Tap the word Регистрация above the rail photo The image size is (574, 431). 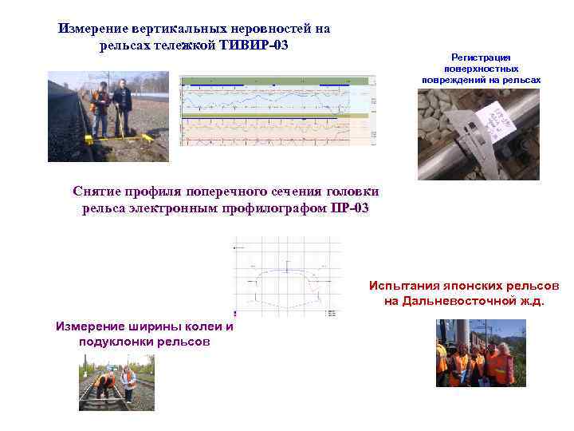coord(481,57)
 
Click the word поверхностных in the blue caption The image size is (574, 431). coord(481,69)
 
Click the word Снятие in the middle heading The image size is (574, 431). coord(96,192)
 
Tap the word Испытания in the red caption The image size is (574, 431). coord(403,285)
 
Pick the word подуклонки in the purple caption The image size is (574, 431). coord(112,341)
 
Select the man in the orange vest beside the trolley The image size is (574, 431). coord(100,106)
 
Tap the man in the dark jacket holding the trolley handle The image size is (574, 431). coord(122,104)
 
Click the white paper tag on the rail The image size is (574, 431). coord(495,125)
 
